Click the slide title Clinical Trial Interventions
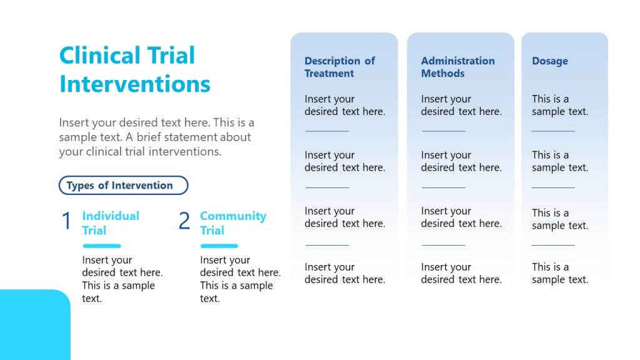coord(134,69)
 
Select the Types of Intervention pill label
coord(122,186)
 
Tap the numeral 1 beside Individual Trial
coord(66,221)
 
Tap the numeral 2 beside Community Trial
coord(184,221)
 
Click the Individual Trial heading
coord(111,223)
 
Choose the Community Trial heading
coord(232,223)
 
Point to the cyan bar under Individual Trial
coord(101,246)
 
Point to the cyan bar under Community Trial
coord(219,246)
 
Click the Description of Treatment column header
coord(339,67)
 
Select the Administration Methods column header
coord(457,67)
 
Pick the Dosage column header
coord(549,61)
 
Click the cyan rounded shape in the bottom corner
coord(34,325)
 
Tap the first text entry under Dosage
coord(559,105)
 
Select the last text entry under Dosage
coord(559,273)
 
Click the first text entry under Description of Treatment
coord(344,105)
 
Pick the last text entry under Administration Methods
coord(461,273)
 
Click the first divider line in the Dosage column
coord(553,131)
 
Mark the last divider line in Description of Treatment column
coord(327,245)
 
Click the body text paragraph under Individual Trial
coord(122,279)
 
